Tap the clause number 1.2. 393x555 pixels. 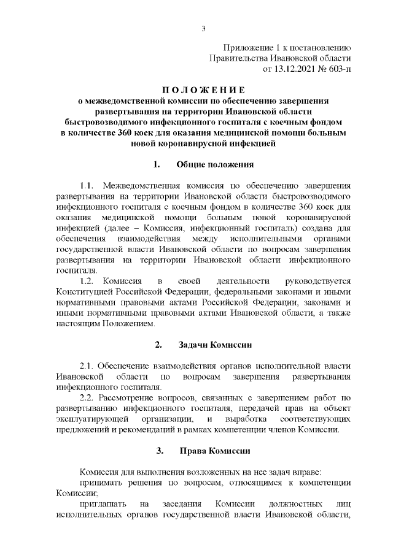click(x=88, y=280)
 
